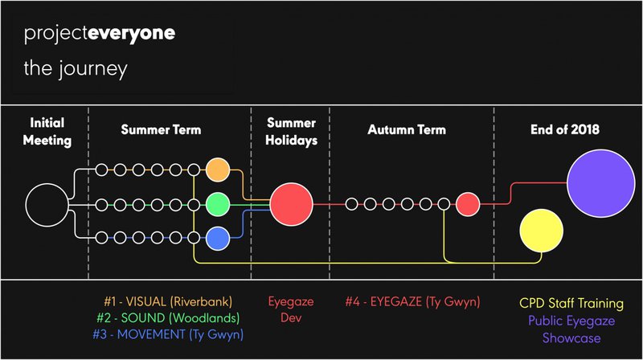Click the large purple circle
point(601,183)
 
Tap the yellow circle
point(541,231)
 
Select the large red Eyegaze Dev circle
point(292,204)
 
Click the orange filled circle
point(218,170)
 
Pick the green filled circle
point(218,204)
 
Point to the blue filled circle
point(218,238)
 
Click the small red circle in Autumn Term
point(468,204)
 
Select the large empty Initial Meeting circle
point(47,205)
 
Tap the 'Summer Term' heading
point(162,129)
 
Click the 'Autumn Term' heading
point(407,129)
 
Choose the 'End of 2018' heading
point(565,129)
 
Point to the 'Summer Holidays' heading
point(292,132)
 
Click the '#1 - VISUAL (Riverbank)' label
point(168,302)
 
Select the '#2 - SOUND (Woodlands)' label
point(168,317)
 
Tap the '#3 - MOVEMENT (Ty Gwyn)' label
point(168,334)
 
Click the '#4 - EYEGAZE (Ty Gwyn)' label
point(412,302)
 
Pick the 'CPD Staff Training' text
point(571,304)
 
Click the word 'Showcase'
point(571,338)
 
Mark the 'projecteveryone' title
point(100,34)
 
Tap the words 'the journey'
point(76,68)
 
